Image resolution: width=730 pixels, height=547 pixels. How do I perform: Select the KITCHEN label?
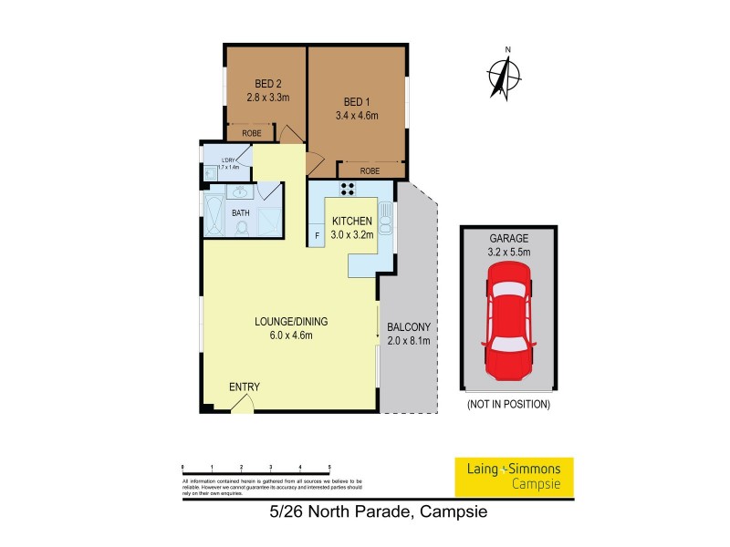pyautogui.click(x=350, y=222)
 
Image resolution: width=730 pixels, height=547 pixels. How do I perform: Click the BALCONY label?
pyautogui.click(x=408, y=327)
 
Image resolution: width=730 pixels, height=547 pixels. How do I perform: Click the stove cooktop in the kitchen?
pyautogui.click(x=349, y=189)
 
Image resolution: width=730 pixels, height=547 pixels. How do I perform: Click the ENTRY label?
pyautogui.click(x=244, y=387)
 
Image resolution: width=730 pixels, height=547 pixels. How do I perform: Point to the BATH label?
pyautogui.click(x=241, y=213)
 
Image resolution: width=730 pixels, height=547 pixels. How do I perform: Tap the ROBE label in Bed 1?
pyautogui.click(x=370, y=170)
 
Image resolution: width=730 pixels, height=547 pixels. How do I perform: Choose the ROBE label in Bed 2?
pyautogui.click(x=251, y=134)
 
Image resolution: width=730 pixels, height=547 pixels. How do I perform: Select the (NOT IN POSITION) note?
pyautogui.click(x=508, y=403)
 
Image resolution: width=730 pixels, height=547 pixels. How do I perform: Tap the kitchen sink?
pyautogui.click(x=385, y=222)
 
